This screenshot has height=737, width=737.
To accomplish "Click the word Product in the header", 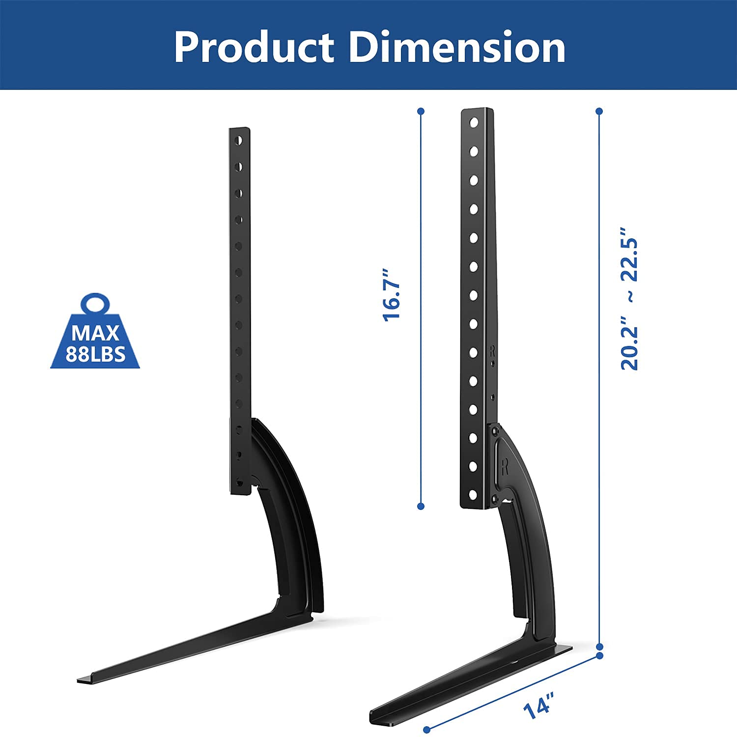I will tap(254, 47).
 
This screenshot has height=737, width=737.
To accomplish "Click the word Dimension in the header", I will tap(457, 47).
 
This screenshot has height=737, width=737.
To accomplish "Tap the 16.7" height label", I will tap(392, 295).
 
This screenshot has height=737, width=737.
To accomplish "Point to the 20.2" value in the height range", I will tap(629, 347).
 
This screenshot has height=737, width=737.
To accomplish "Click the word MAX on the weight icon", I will tap(95, 333).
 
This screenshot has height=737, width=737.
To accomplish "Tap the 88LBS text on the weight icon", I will tap(95, 354).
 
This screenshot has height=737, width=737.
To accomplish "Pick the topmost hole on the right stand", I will tap(474, 122).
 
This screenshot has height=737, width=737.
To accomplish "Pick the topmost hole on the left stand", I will tap(238, 141).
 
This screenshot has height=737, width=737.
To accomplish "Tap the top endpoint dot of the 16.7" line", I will tap(421, 112).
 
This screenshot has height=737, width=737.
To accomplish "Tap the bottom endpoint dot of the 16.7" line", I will tap(421, 506).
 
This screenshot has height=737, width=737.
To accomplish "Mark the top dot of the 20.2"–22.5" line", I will tap(599, 112).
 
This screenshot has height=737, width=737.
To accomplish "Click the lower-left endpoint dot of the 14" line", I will tap(427, 729).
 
